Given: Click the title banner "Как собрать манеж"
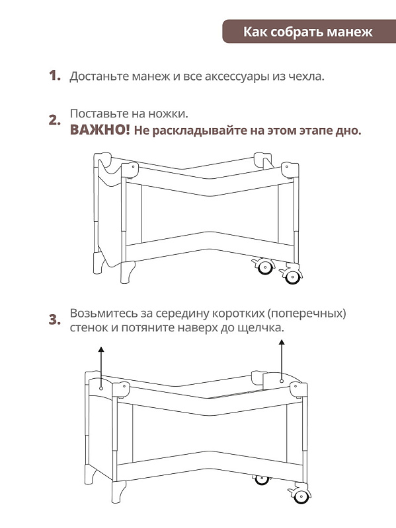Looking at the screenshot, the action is [x=309, y=31].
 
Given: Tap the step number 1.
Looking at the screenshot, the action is [x=55, y=75].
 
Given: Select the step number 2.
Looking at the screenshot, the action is [x=55, y=120].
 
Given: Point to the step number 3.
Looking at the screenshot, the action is [x=55, y=319].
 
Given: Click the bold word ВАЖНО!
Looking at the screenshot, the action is [x=100, y=130].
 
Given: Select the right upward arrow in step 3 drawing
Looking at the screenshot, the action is [x=282, y=361].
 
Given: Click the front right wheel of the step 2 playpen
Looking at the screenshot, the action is [x=292, y=276].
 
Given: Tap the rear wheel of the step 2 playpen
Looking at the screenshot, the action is [x=264, y=267].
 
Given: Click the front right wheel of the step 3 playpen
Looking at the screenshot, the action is [x=300, y=494].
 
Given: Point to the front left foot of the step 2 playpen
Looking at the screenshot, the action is [x=127, y=273].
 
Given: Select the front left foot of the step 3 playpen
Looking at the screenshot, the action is [x=118, y=492].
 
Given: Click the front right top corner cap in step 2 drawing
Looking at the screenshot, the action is [x=290, y=170].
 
